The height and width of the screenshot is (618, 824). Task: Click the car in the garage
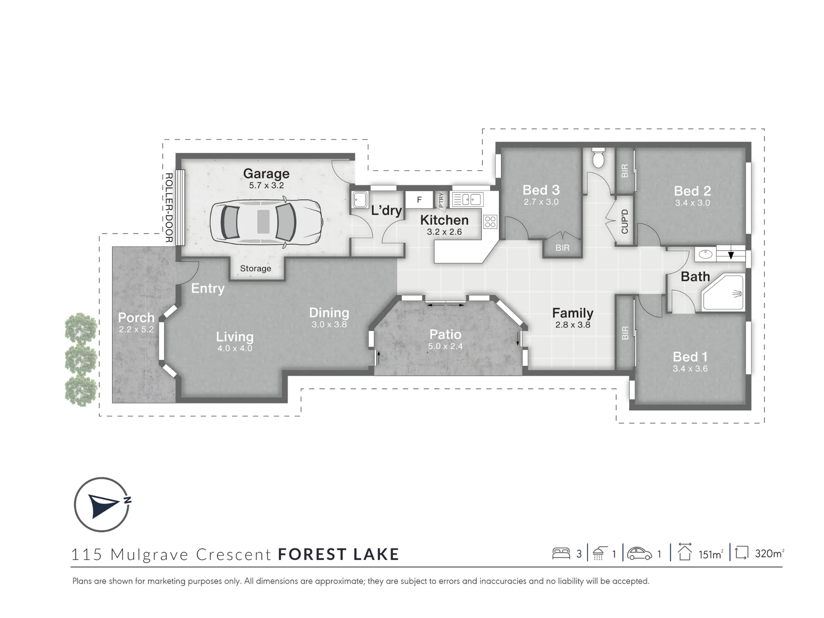[266, 222]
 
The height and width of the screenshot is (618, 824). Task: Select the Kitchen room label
[444, 220]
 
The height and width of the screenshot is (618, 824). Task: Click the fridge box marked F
[419, 200]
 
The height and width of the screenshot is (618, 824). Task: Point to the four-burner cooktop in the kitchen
[490, 222]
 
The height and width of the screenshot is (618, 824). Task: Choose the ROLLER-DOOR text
[169, 207]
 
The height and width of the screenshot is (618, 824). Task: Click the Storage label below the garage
[255, 269]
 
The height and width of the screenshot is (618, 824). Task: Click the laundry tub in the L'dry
[360, 200]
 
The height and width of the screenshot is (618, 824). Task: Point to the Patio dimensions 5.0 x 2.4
[445, 346]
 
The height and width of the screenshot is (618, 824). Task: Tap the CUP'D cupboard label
[625, 222]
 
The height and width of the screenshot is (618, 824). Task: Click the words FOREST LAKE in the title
[339, 555]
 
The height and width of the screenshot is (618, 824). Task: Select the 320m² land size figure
[770, 553]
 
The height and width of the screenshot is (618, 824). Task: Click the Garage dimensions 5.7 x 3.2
[266, 185]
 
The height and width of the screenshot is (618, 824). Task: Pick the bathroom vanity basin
[706, 254]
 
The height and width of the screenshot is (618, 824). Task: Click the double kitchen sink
[468, 200]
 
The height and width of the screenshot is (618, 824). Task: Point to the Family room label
[573, 313]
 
